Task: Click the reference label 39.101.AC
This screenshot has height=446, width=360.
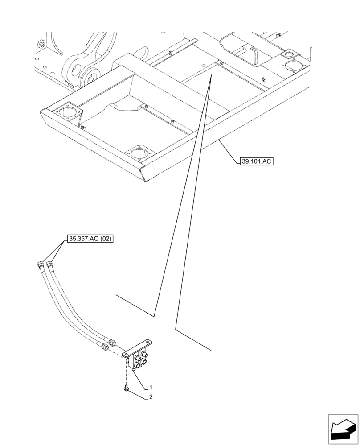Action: (x=255, y=162)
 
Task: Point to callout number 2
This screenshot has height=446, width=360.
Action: (x=151, y=396)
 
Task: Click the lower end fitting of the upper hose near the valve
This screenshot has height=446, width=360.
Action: (x=112, y=343)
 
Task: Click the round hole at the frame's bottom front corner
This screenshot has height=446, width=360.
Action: (x=139, y=153)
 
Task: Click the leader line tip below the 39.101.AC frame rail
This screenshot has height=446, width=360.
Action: (x=218, y=140)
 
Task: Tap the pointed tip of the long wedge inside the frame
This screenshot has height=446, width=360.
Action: (x=211, y=77)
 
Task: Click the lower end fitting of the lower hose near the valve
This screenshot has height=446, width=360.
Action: (x=105, y=347)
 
